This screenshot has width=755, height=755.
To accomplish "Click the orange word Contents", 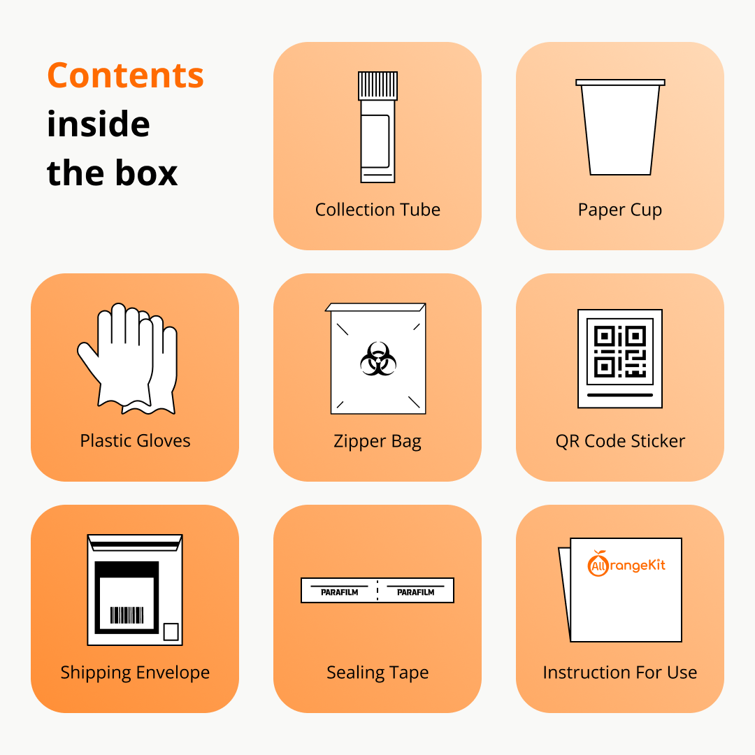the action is [126, 75].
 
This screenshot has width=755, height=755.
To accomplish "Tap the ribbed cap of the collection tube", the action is [378, 86].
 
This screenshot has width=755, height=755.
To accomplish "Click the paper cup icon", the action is [620, 127].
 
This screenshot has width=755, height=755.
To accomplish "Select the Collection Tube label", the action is [377, 210].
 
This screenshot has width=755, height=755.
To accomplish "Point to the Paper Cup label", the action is [620, 210].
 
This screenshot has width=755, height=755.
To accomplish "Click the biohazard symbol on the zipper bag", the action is [378, 359].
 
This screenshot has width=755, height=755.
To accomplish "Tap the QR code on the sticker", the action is [620, 352].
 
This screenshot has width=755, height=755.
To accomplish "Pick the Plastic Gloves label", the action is [136, 440].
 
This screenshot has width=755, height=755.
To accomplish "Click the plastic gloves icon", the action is [128, 359].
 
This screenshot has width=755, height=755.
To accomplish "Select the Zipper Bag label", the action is [377, 442].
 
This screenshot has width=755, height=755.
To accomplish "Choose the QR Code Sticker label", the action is [620, 441].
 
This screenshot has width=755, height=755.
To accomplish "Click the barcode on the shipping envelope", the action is [127, 615].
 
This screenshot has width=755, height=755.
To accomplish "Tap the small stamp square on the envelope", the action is [171, 632].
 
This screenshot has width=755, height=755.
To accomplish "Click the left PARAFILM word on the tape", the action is [340, 592].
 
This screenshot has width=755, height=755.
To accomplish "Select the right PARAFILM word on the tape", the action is [415, 592].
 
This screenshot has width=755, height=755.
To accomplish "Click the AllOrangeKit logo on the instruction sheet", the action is [626, 564].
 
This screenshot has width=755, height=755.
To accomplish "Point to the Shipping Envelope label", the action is [136, 673].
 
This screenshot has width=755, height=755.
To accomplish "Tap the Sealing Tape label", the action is [377, 673].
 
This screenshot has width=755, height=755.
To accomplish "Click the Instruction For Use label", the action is [620, 673].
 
